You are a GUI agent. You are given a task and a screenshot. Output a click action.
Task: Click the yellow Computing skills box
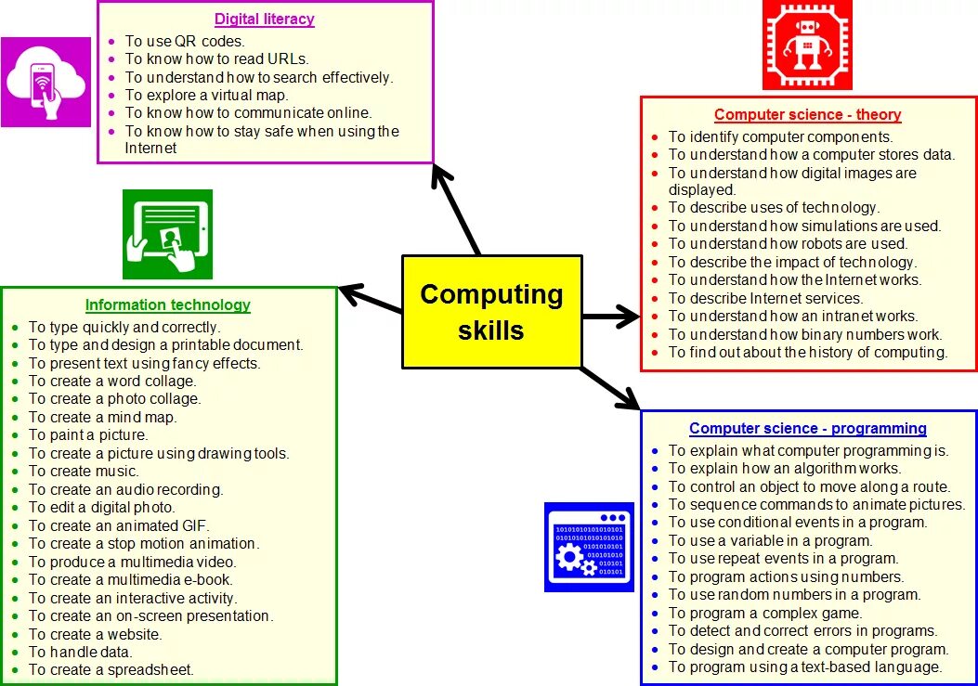click(491, 312)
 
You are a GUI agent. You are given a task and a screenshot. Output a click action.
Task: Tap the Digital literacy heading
click(265, 19)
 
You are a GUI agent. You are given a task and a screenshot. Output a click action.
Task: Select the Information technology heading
click(168, 304)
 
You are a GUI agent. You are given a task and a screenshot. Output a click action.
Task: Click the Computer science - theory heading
click(807, 115)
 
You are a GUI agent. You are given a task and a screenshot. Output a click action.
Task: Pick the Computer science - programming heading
click(807, 428)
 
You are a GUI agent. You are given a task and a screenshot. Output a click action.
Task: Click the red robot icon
click(806, 45)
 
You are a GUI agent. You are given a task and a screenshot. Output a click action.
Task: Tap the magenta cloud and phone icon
click(46, 82)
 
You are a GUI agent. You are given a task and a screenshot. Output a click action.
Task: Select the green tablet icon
click(167, 234)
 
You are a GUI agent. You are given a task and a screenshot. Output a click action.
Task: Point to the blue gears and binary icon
click(588, 546)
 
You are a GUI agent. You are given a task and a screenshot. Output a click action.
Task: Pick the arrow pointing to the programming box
click(610, 387)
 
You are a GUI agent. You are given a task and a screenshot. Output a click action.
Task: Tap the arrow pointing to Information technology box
click(371, 298)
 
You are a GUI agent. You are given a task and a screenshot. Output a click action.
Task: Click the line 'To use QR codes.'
click(185, 41)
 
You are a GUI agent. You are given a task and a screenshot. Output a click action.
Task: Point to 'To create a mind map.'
click(102, 417)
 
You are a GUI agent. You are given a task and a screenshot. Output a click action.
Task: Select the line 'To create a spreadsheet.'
click(111, 669)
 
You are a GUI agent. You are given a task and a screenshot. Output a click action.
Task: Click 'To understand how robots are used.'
click(788, 243)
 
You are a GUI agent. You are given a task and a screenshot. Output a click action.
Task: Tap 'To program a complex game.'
click(765, 613)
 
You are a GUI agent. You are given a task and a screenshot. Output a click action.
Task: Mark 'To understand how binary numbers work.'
click(805, 334)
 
